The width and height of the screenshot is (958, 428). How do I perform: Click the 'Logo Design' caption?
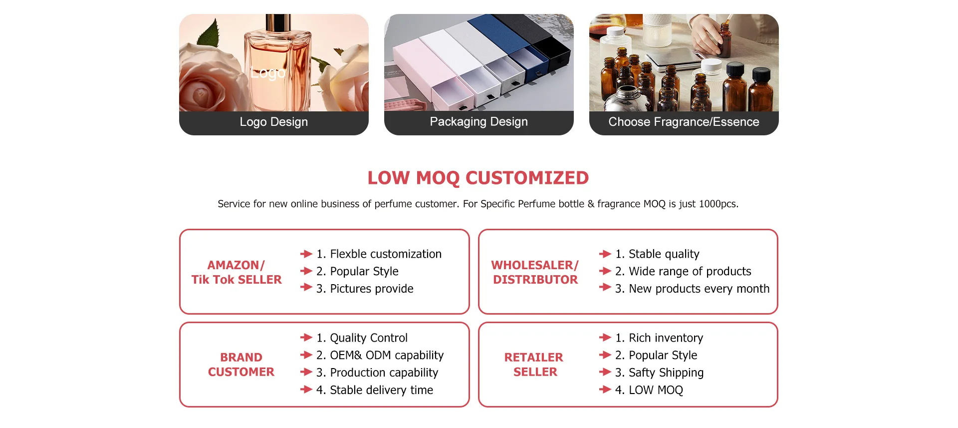coord(273,122)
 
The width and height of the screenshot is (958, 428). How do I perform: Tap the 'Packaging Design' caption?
coord(479,122)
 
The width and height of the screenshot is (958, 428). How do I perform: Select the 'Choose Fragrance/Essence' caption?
coord(684,122)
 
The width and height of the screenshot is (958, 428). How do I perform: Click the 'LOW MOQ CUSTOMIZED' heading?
coord(478,178)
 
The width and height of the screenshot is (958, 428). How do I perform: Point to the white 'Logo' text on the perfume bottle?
coord(268,73)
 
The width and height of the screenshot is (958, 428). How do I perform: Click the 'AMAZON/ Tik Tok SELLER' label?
coord(237,272)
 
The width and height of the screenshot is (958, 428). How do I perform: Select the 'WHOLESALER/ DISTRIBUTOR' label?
coord(535,272)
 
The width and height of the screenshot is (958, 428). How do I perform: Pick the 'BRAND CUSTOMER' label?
coord(241,365)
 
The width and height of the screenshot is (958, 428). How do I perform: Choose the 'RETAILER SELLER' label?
coord(534,365)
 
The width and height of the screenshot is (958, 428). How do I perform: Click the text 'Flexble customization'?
coord(386,254)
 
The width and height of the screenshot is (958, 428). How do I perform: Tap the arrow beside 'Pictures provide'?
coord(306,287)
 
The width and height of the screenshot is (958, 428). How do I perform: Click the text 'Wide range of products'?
coord(690,271)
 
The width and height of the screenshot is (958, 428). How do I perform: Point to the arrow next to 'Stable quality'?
coord(605,254)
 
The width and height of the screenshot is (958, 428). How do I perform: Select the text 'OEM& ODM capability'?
coord(387,355)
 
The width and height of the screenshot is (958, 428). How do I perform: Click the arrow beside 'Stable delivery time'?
coord(306,389)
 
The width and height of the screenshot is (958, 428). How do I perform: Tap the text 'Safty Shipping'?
coord(666,373)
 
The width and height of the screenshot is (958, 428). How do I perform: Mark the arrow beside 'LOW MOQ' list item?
coord(605,389)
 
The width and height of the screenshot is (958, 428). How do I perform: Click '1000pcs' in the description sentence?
coord(718,204)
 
